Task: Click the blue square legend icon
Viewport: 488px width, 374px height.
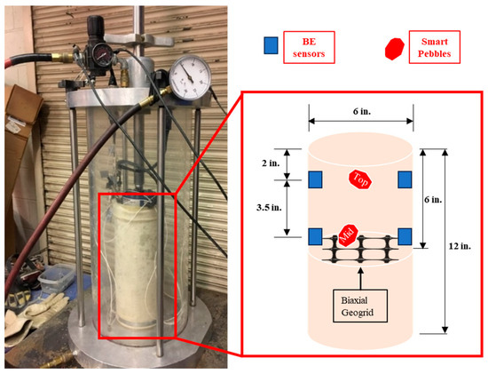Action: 268,44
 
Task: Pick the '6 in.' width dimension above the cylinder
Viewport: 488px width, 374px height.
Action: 360,113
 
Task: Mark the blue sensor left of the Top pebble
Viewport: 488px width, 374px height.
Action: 315,181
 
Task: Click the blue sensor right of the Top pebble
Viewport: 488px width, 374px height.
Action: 405,181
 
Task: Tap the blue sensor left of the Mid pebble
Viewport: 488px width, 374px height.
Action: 315,236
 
